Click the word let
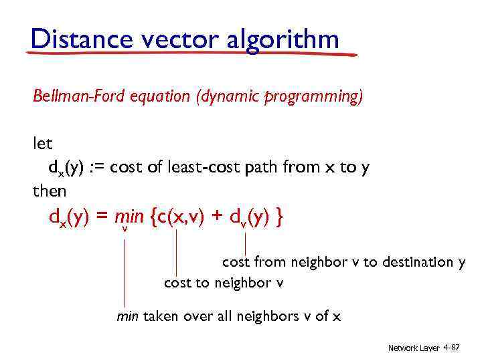[42, 143]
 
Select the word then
[50, 191]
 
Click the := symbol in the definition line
[95, 167]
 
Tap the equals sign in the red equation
[102, 217]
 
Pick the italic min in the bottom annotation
[128, 316]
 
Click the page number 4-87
[451, 348]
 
